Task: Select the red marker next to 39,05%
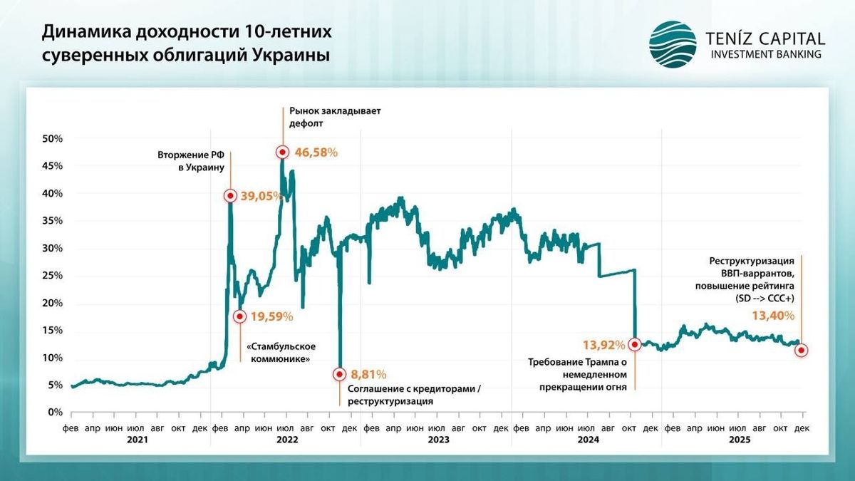(x=230, y=195)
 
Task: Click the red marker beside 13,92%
(x=635, y=344)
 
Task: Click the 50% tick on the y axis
(x=54, y=138)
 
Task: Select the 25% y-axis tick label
(x=54, y=276)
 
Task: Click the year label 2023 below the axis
(x=438, y=440)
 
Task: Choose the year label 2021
(x=137, y=440)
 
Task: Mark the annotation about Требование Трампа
(x=577, y=375)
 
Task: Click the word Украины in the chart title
(x=291, y=55)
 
